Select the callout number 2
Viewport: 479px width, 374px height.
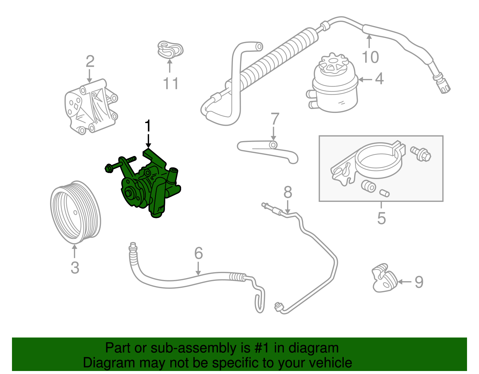(90, 62)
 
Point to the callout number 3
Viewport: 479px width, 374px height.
(75, 267)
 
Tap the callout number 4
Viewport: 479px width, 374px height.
(379, 79)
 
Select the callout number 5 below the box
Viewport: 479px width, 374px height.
(381, 218)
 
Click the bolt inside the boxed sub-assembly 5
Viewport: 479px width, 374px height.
(421, 154)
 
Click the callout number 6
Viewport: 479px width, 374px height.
(198, 253)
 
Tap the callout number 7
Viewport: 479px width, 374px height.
(275, 119)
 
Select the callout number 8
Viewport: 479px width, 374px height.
(287, 193)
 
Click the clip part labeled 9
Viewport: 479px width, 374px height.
(384, 278)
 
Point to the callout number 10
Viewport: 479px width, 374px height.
(370, 57)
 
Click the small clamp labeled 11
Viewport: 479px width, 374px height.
(170, 50)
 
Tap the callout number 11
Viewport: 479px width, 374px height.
(171, 84)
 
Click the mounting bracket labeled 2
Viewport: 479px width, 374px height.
(90, 108)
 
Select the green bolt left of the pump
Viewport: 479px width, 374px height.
(120, 163)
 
